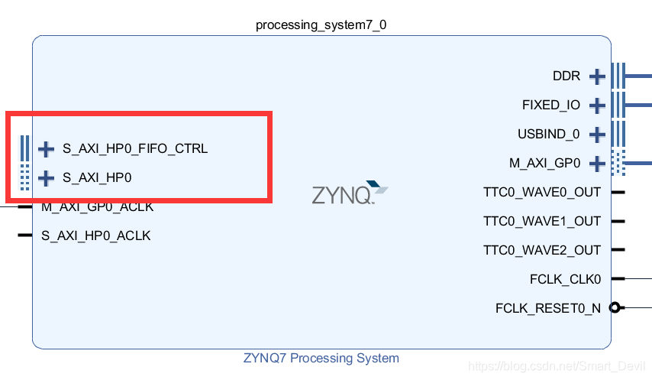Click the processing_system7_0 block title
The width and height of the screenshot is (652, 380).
point(321,25)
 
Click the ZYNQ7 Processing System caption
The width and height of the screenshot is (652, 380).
point(321,358)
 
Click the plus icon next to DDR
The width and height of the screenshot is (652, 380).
point(597,76)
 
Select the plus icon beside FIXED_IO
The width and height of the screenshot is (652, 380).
point(597,105)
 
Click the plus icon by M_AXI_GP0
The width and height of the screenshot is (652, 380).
point(597,163)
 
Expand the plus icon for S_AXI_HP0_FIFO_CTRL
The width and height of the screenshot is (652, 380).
point(47,148)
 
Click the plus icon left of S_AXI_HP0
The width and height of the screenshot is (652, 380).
point(47,178)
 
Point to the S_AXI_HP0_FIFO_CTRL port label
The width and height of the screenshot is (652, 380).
point(135,148)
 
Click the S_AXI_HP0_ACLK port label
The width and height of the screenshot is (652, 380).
point(96,235)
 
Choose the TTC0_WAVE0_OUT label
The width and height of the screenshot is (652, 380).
point(542,192)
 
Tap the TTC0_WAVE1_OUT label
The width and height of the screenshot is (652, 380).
point(542,221)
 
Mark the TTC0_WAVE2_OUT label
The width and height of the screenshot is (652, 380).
point(542,250)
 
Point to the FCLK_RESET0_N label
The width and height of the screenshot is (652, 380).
point(548,308)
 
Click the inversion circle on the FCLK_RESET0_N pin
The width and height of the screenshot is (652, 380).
point(615,308)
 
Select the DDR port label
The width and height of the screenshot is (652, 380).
point(566,76)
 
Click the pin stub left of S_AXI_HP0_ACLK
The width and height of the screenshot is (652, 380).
point(25,235)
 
